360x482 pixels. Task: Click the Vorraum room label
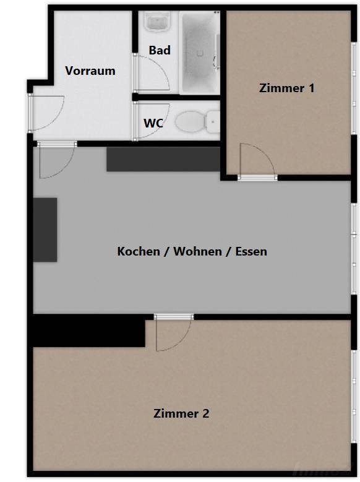90,71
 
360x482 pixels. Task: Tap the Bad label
160,50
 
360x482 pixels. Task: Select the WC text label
153,123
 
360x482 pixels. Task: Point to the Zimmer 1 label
287,88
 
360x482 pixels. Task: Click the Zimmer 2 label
181,413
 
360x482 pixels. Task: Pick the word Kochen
139,251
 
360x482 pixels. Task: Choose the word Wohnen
198,251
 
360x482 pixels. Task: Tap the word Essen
251,251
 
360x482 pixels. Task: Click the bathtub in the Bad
199,53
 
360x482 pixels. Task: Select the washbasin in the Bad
158,21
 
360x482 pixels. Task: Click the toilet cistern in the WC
213,122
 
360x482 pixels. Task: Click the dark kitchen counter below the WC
163,159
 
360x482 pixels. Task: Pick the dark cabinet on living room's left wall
45,230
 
